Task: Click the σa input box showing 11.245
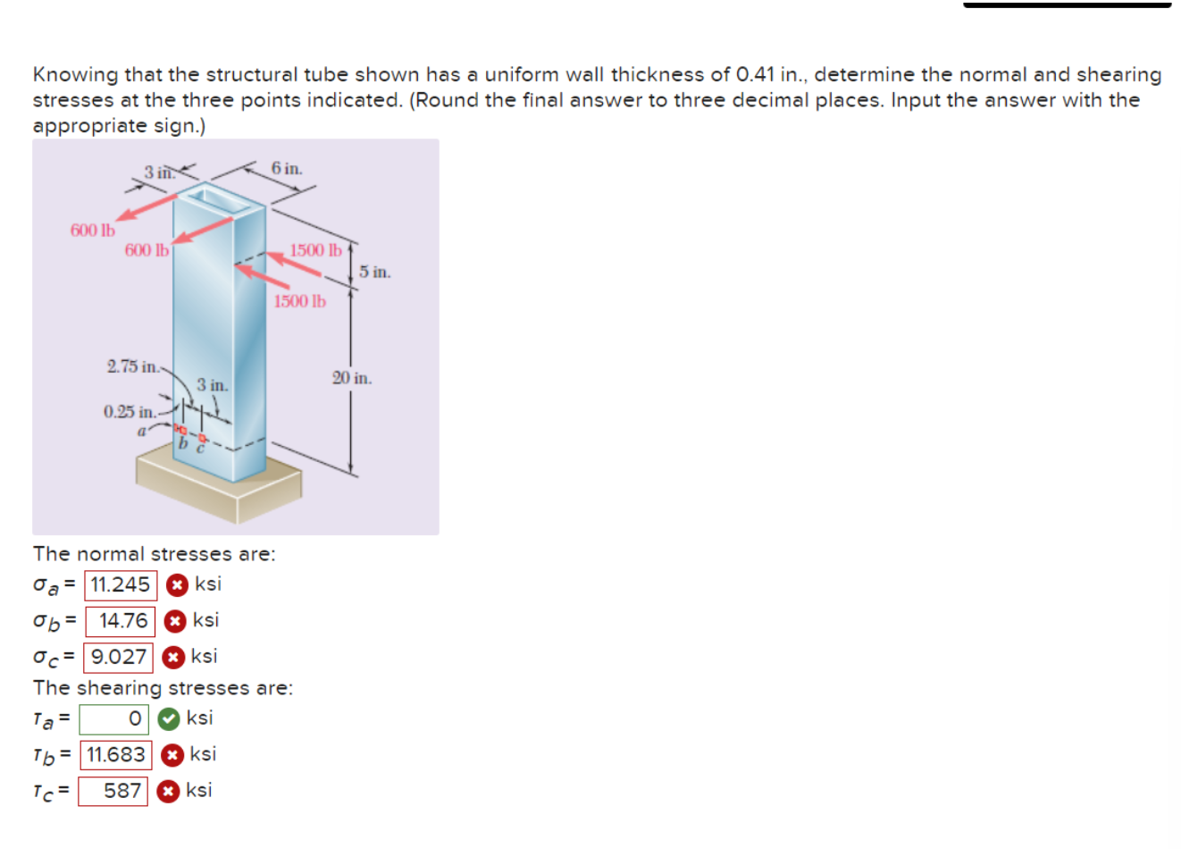pyautogui.click(x=121, y=585)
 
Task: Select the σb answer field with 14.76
pyautogui.click(x=121, y=621)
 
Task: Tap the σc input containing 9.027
pyautogui.click(x=118, y=657)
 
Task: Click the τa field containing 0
pyautogui.click(x=113, y=719)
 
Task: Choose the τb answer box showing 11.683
pyautogui.click(x=116, y=755)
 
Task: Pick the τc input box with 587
pyautogui.click(x=113, y=791)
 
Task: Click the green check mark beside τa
pyautogui.click(x=168, y=718)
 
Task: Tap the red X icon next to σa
pyautogui.click(x=178, y=585)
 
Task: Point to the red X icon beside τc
pyautogui.click(x=167, y=791)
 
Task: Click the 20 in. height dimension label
pyautogui.click(x=352, y=378)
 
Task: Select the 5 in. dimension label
pyautogui.click(x=375, y=272)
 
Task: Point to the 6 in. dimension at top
pyautogui.click(x=287, y=168)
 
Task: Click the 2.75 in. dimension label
pyautogui.click(x=132, y=366)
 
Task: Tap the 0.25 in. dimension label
pyautogui.click(x=129, y=412)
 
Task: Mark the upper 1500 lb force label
pyautogui.click(x=315, y=250)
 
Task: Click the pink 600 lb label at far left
pyautogui.click(x=93, y=231)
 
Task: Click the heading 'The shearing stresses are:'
pyautogui.click(x=163, y=688)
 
